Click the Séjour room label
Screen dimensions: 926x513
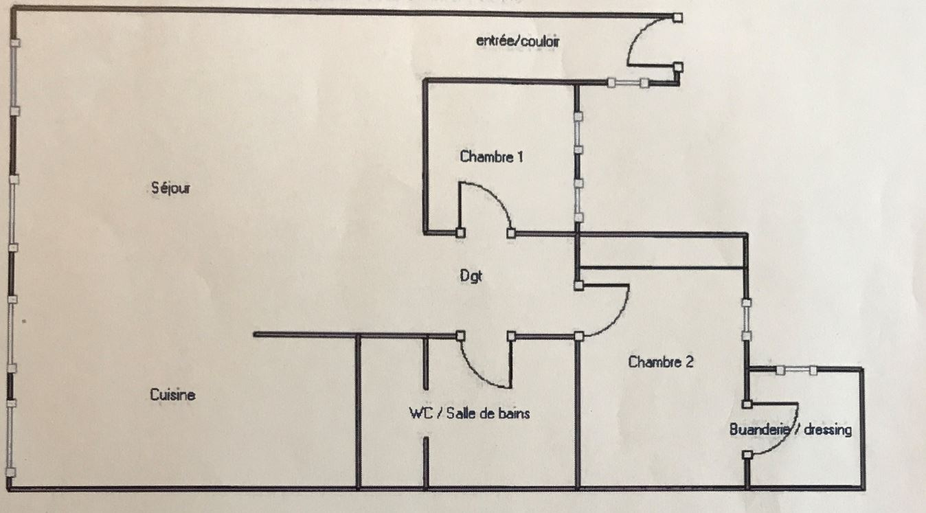[x=171, y=188]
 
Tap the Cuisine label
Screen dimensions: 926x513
[x=172, y=395]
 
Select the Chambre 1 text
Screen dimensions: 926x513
[x=492, y=157]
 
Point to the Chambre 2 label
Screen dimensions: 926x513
[x=661, y=362]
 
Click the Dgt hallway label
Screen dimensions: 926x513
[x=471, y=276]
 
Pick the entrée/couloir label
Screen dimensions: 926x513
[x=518, y=41]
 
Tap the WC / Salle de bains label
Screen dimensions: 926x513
[x=469, y=413]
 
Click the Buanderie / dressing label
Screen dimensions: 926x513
[x=791, y=430]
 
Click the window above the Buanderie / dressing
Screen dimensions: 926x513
[x=797, y=370]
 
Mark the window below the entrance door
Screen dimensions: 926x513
[x=628, y=83]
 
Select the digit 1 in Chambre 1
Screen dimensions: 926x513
[x=520, y=157]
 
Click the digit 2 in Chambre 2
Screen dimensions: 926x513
[x=689, y=362]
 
